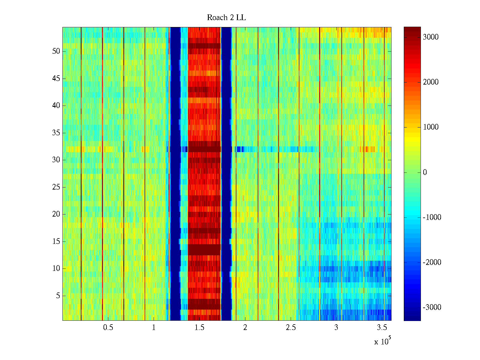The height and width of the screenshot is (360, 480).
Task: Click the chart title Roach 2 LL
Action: click(226, 18)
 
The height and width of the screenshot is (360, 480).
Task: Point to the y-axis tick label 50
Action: click(56, 51)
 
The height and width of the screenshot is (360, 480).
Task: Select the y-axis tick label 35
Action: click(56, 133)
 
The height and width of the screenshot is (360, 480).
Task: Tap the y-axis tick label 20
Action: click(56, 214)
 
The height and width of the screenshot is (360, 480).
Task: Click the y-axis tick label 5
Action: click(58, 296)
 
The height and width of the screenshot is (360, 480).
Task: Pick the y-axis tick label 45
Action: click(56, 79)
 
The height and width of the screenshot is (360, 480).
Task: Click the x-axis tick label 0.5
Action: click(108, 328)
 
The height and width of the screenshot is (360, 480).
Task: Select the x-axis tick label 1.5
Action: click(199, 328)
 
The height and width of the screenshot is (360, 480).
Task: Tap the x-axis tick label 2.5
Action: click(291, 328)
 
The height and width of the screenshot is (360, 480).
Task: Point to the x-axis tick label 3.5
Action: click(382, 328)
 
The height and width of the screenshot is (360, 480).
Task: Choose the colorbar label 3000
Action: click(430, 37)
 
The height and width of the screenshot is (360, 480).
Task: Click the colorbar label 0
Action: click(425, 172)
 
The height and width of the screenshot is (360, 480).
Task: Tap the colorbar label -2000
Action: click(432, 262)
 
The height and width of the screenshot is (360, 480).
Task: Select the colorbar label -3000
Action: click(432, 307)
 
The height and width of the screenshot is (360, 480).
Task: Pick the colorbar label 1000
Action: click(430, 127)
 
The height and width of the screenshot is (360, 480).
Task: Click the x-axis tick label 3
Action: click(336, 328)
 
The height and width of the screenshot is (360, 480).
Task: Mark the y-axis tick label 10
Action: click(56, 268)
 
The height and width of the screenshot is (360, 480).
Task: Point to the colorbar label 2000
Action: click(430, 82)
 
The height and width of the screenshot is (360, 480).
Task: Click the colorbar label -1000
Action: click(432, 217)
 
